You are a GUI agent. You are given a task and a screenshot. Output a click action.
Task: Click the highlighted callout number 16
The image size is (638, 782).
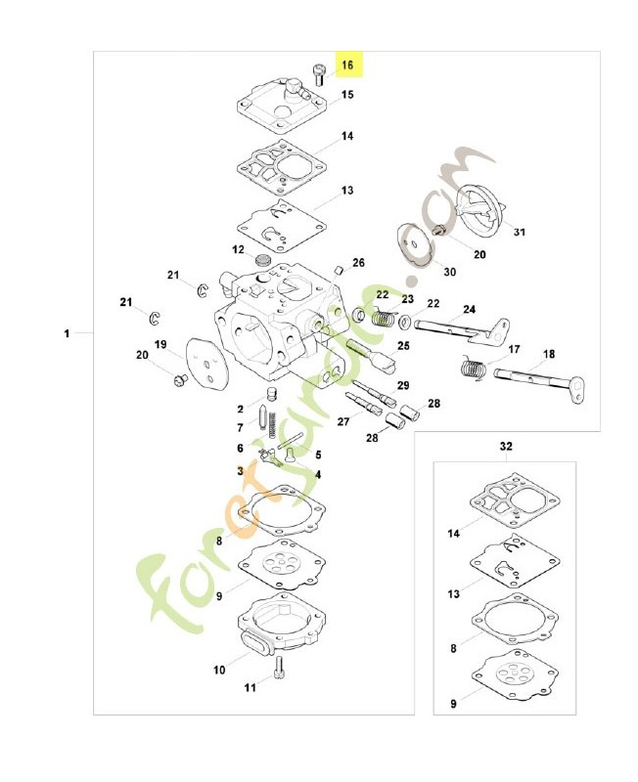347,65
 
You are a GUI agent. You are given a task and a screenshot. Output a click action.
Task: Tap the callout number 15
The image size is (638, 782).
347,96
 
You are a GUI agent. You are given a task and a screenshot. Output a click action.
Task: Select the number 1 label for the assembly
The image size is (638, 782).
68,334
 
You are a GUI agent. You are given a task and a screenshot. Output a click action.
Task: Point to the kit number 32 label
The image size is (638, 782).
506,446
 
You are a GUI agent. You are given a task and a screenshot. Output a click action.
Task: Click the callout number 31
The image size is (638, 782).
520,233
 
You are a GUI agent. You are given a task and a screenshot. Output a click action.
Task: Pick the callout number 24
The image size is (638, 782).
470,310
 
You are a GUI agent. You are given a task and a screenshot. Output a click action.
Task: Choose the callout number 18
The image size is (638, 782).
549,354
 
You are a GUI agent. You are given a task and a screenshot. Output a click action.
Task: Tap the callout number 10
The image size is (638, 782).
218,671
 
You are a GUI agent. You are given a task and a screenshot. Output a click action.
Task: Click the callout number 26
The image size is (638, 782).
358,263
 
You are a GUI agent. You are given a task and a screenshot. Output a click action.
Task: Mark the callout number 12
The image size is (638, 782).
238,250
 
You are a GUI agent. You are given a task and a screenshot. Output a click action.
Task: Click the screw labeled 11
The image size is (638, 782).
280,667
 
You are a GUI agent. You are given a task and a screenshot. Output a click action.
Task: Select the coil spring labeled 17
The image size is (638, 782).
474,369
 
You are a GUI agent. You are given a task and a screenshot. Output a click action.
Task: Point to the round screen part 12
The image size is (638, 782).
261,261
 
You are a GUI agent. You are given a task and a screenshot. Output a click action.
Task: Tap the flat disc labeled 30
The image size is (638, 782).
417,243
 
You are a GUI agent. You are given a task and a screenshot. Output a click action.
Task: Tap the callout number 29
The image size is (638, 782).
402,385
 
